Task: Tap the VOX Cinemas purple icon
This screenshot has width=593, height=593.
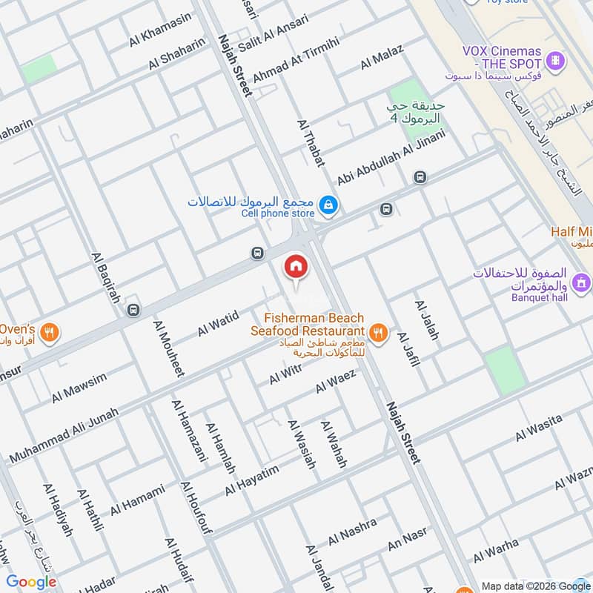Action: tap(554, 59)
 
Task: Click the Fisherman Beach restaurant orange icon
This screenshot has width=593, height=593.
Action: tap(379, 334)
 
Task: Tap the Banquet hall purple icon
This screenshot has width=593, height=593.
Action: tap(582, 282)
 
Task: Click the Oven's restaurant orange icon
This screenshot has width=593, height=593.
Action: tap(50, 333)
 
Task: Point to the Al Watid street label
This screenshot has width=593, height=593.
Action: tap(218, 324)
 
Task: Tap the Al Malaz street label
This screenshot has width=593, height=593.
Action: tap(382, 57)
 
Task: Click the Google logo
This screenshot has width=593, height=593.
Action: tap(31, 582)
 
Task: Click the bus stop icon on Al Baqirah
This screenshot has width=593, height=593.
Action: tap(133, 309)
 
